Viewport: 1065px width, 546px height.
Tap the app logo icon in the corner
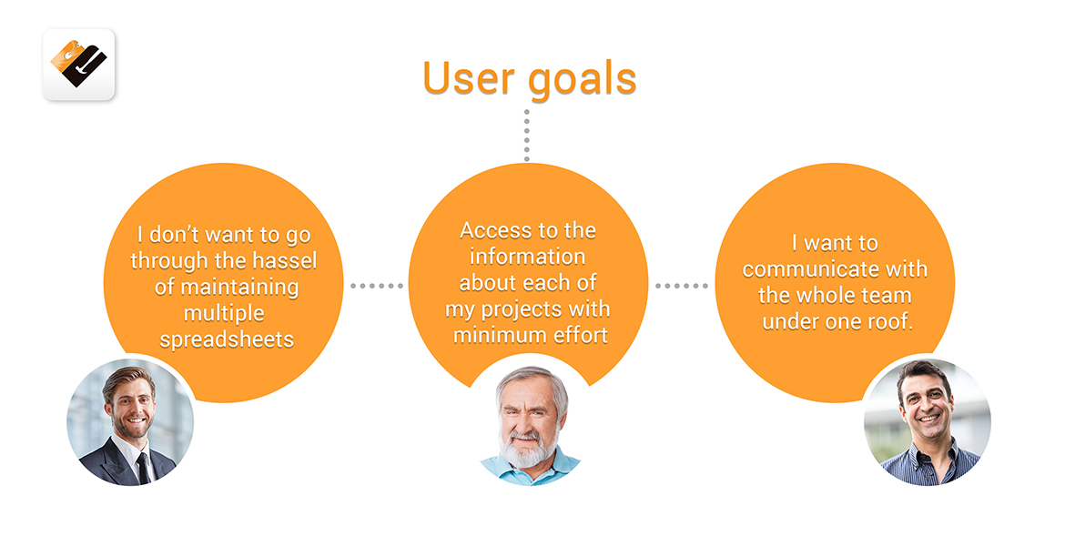pyautogui.click(x=79, y=65)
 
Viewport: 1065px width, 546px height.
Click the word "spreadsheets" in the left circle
pyautogui.click(x=227, y=339)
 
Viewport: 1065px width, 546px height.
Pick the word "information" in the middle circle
pyautogui.click(x=528, y=257)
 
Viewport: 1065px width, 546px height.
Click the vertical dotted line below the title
pyautogui.click(x=526, y=136)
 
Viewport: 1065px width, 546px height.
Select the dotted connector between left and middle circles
pyautogui.click(x=376, y=286)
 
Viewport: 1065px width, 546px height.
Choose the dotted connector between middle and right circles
pyautogui.click(x=681, y=286)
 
